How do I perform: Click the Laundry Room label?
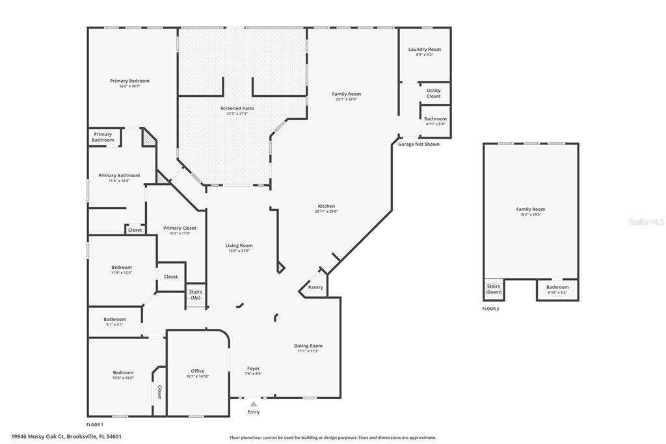pos(424,49)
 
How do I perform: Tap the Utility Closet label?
pos(433,93)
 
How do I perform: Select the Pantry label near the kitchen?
pos(315,287)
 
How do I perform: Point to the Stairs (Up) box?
pos(196,294)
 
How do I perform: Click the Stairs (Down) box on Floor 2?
pos(494,289)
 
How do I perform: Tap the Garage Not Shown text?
pos(419,144)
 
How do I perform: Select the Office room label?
pos(198,371)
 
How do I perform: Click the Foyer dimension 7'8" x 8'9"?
pos(253,374)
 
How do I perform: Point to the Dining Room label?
pos(308,346)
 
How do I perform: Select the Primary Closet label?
pos(180,228)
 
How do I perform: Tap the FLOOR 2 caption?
pos(490,309)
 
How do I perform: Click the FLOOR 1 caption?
pos(95,424)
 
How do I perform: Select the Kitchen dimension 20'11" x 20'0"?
pos(326,211)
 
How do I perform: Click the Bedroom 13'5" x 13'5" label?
pos(123,375)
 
